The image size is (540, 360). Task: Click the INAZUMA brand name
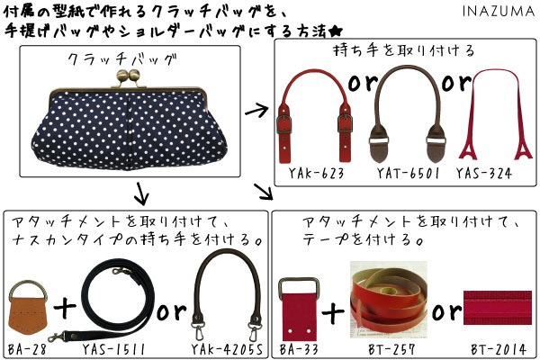(499, 11)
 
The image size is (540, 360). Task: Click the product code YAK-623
(316, 173)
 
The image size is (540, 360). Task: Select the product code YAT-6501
(408, 173)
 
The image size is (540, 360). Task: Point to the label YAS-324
(484, 173)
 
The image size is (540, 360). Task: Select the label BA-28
(27, 350)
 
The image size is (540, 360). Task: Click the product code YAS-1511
(113, 350)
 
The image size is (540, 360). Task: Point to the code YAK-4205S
(227, 350)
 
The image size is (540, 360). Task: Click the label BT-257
(391, 350)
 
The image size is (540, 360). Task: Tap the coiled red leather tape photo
(389, 300)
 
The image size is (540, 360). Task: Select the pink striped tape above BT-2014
(498, 308)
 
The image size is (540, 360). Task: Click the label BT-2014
(499, 350)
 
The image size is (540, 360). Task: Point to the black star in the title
(335, 31)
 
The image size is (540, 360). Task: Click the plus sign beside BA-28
(65, 308)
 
